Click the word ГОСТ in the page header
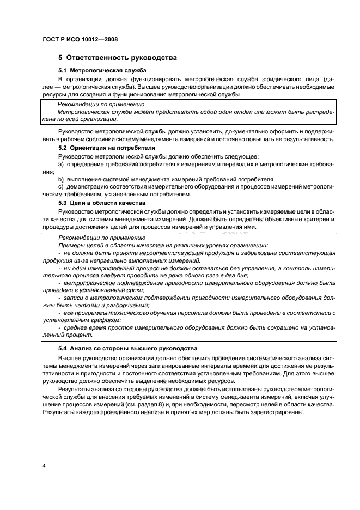(51, 40)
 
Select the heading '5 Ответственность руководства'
(117, 58)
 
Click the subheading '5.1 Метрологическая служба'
(102, 71)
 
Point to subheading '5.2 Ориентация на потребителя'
(107, 148)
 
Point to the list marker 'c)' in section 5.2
(60, 187)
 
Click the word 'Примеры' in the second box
(71, 246)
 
